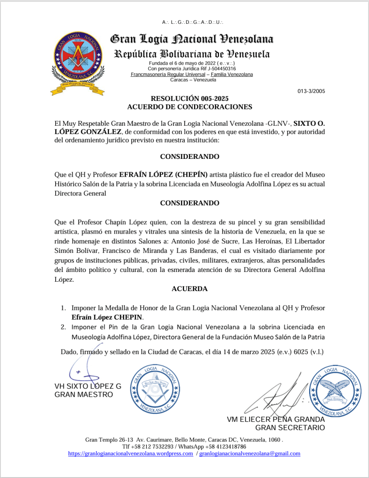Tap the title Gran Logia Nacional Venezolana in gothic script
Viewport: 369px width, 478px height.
[x=192, y=39]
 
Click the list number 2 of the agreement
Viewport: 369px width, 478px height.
[x=63, y=327]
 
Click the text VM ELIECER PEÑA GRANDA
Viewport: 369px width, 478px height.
[x=276, y=419]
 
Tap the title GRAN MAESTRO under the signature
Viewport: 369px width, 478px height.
[x=84, y=395]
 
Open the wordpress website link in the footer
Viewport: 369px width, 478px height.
[x=130, y=454]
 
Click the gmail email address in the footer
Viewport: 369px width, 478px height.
[x=250, y=454]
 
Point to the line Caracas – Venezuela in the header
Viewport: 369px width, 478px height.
[x=192, y=80]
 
